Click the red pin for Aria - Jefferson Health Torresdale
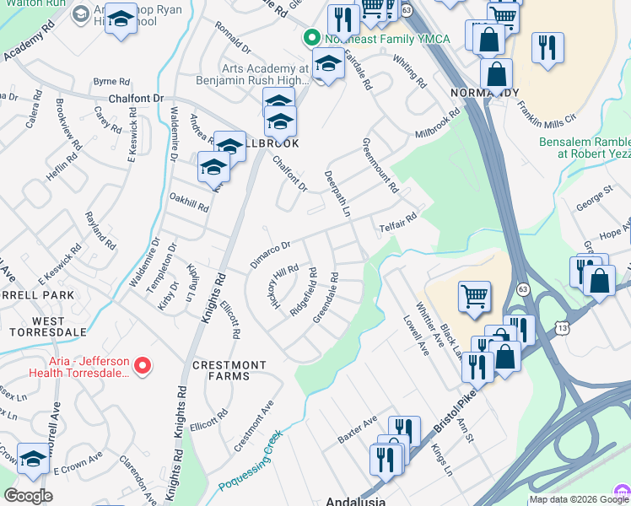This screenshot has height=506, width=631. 143,366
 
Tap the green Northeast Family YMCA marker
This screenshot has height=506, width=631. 310,38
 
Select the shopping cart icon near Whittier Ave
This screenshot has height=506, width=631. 474,296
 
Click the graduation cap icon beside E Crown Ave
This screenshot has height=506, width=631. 33,459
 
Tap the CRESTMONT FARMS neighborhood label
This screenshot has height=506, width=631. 229,365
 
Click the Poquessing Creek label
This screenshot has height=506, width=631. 249,461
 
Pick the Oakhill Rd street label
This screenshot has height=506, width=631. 188,202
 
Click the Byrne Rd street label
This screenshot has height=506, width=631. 111,82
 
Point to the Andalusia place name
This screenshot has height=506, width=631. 355,501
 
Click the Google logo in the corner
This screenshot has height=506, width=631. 28,495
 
